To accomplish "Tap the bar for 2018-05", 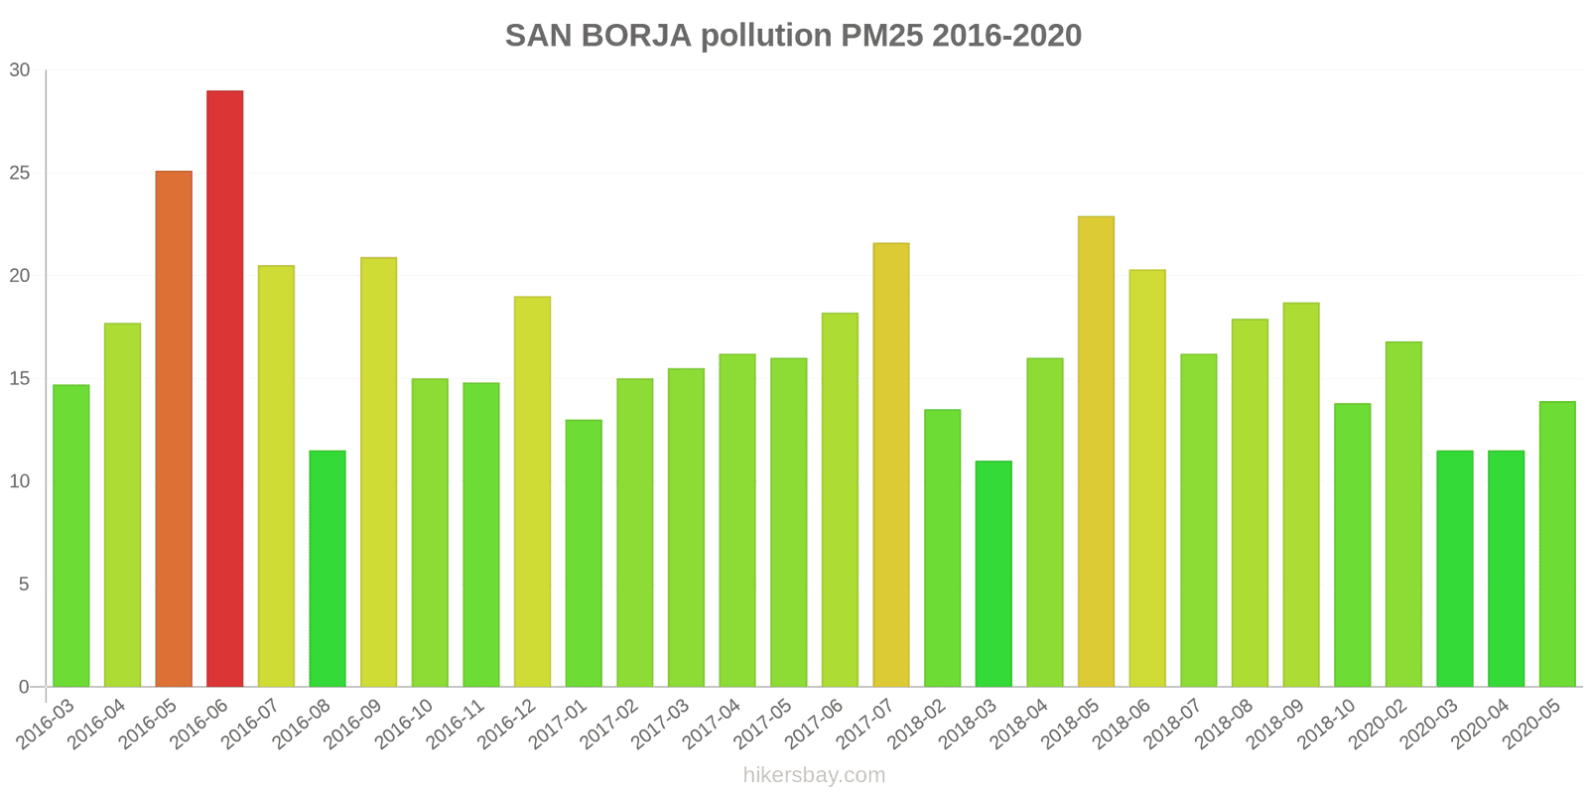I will (1096, 452).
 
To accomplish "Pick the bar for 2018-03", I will (993, 574).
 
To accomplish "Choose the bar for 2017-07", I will (891, 464).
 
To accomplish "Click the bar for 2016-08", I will (328, 569).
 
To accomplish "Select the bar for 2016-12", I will (532, 491).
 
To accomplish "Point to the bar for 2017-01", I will (584, 553).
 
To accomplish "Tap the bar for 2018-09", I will (1301, 494).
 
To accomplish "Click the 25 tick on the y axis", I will (20, 174).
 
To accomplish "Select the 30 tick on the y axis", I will (20, 70).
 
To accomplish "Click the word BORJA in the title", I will (636, 36).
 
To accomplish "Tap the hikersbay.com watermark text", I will (814, 775).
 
